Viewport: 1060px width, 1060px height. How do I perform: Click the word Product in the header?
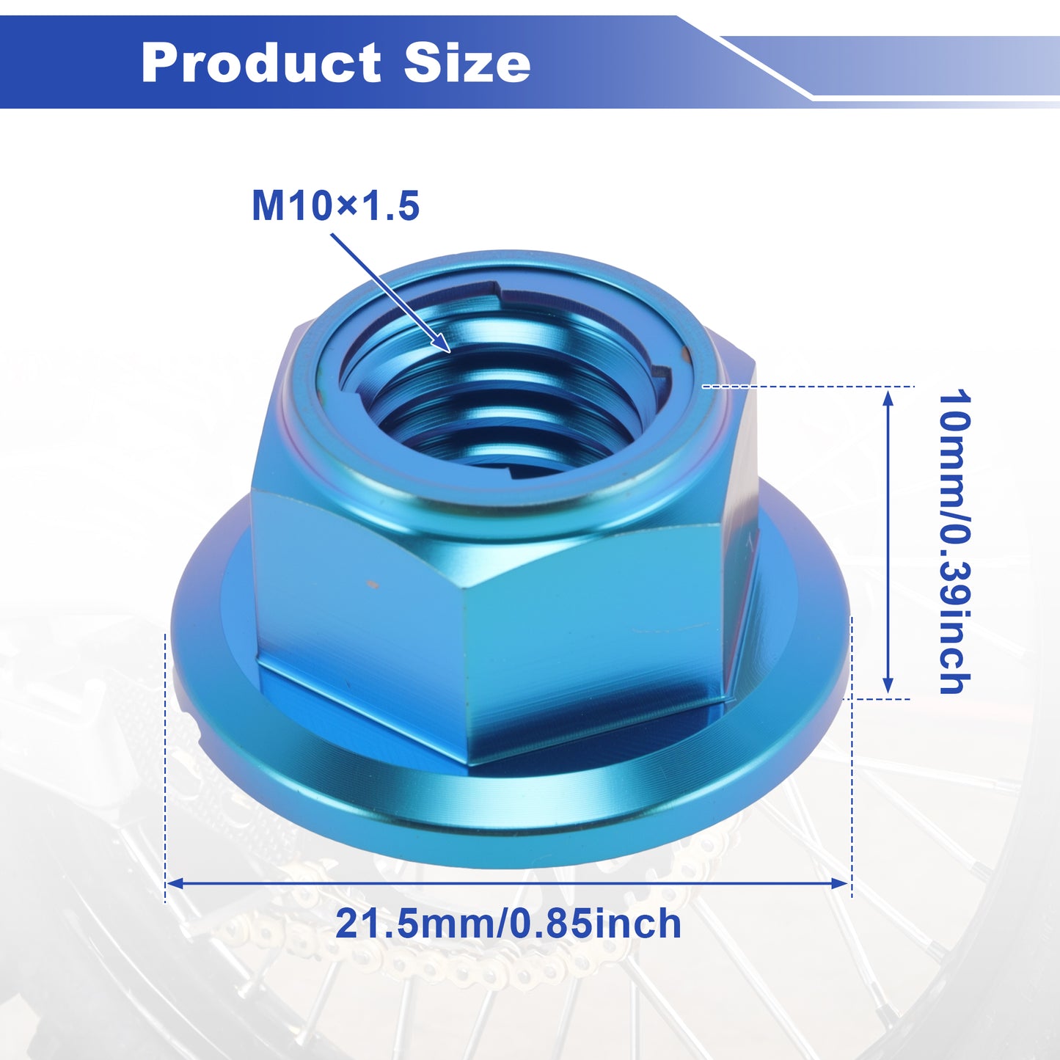tap(260, 62)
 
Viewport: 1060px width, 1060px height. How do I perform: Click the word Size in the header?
tap(467, 62)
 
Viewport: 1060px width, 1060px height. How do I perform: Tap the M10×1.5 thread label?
tap(335, 205)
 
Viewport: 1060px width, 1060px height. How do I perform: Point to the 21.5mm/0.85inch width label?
tap(508, 924)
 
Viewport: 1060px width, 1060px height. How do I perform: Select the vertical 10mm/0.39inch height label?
tap(954, 542)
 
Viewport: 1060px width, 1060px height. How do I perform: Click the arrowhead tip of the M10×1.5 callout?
tap(450, 351)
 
